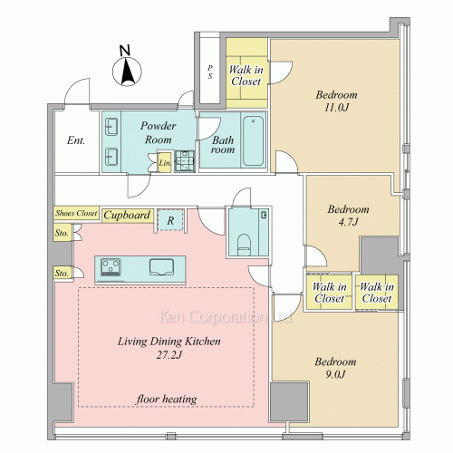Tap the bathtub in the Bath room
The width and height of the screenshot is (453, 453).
point(253,140)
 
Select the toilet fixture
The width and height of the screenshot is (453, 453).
point(244,245)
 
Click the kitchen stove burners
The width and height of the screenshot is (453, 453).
point(111,266)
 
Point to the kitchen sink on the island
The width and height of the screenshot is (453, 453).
point(161,267)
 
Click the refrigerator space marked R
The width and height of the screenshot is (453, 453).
point(170,220)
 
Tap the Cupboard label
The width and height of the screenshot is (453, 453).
point(127,215)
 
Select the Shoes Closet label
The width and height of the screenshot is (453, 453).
point(76,213)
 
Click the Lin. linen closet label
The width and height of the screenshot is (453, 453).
point(165,163)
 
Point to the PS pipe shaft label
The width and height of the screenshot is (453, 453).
point(210,72)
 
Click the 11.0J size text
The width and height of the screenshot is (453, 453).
point(336,107)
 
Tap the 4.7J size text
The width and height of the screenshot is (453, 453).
point(348,222)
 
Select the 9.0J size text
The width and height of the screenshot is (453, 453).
point(335,374)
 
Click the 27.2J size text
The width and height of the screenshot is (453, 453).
point(169,355)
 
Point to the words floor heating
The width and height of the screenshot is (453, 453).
point(167,400)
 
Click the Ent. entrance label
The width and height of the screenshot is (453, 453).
point(76,140)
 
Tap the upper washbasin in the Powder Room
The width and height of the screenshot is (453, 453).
point(111,127)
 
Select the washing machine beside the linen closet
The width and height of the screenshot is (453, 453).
point(185,160)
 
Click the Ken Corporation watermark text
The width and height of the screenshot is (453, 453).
point(226,317)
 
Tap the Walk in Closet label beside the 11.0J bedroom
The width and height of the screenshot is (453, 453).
point(246,75)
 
